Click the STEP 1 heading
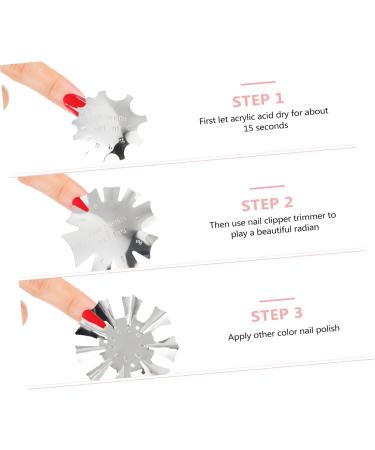tap(258, 100)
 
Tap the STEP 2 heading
tap(266, 204)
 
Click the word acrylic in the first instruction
tap(238, 119)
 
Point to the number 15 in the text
tap(234, 131)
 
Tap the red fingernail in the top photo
tap(74, 101)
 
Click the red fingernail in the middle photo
tap(81, 204)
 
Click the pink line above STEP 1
tap(258, 81)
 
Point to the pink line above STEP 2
tap(266, 186)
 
